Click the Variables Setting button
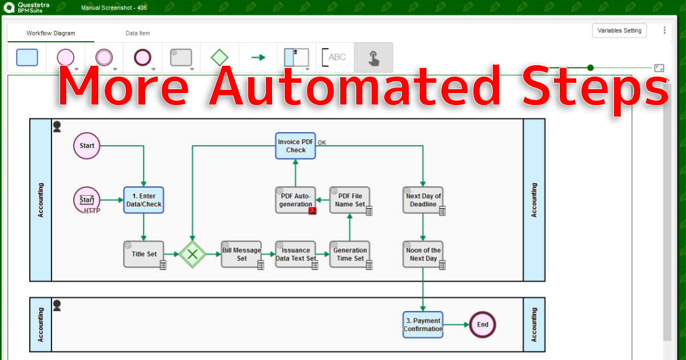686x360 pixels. coord(619,31)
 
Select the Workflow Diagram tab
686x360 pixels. coord(50,33)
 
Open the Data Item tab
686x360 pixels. coord(138,33)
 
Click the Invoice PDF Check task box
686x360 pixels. coord(296,146)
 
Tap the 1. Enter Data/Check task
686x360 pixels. coord(143,200)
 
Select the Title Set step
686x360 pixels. coord(143,254)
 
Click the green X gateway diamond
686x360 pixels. coord(192,254)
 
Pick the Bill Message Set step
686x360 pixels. coord(241,254)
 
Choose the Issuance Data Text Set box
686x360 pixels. coord(296,254)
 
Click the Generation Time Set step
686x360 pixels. coord(350,254)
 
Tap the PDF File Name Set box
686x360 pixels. coord(350,200)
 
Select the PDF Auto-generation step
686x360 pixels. coord(296,200)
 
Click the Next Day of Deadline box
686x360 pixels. coord(423,200)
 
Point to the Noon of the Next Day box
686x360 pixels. coord(423,254)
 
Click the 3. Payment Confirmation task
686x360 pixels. coord(423,325)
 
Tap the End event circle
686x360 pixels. coord(482,325)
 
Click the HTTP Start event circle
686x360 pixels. coord(87,200)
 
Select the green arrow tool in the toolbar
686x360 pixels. coord(258,57)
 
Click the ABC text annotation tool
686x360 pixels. coord(334,57)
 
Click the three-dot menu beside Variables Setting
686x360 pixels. coord(664,31)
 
